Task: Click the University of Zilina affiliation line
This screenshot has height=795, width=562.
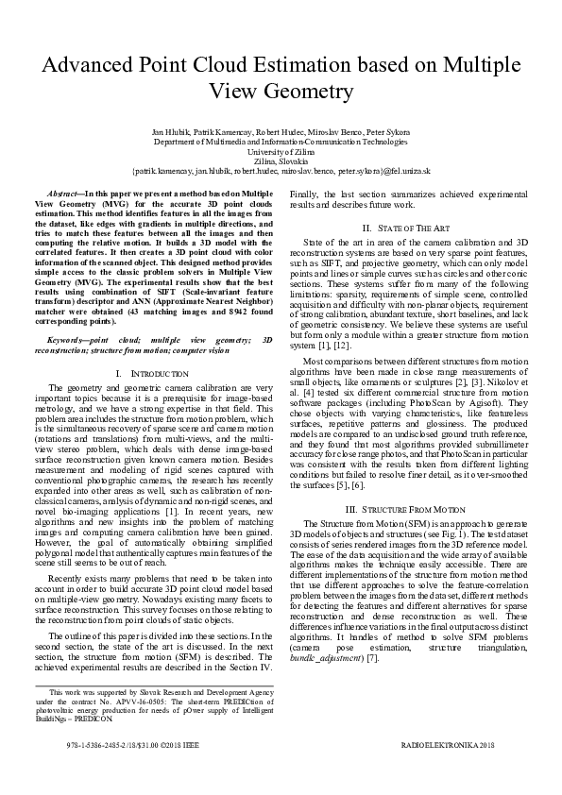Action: [281, 151]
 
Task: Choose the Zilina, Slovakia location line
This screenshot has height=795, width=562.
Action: [281, 161]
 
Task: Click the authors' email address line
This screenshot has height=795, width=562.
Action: [281, 171]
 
